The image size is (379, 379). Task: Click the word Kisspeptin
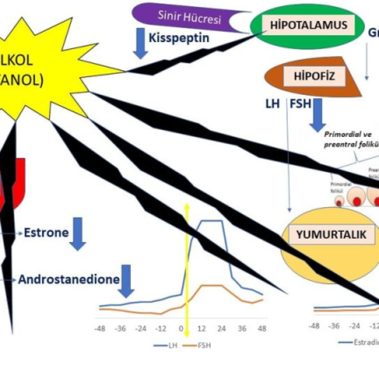pos(179,37)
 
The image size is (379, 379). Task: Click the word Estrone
pos(46,233)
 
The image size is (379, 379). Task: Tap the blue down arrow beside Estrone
pos(78,234)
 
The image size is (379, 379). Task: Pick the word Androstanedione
pos(69,279)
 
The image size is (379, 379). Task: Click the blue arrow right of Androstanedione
pos(127,281)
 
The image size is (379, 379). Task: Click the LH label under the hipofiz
pos(273,103)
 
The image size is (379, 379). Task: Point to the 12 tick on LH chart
pos(201,328)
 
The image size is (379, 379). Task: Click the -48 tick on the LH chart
pos(100,328)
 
